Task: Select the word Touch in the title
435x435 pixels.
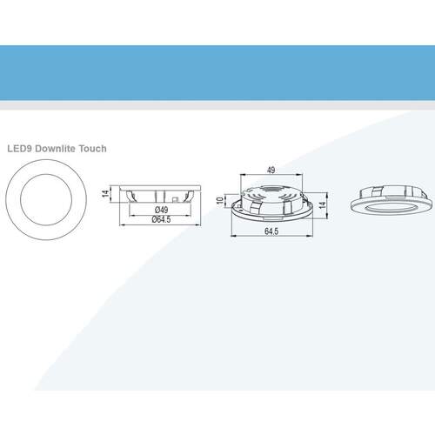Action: pos(93,149)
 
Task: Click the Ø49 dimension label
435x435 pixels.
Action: pos(161,210)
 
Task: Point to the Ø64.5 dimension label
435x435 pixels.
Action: pos(161,219)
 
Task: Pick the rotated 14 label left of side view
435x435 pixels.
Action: pos(106,193)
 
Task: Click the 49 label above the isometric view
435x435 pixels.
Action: pos(271,170)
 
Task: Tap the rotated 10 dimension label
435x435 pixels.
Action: pos(220,200)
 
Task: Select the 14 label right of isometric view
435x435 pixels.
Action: pos(322,205)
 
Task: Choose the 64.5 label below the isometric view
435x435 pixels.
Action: pos(271,231)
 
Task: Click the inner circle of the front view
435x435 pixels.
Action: pos(46,174)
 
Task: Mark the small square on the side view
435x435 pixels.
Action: pos(175,199)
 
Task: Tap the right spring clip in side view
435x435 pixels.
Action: pos(189,196)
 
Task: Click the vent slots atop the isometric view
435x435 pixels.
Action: pos(271,190)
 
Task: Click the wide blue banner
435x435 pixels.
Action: pos(217,73)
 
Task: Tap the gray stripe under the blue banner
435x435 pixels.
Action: pos(217,105)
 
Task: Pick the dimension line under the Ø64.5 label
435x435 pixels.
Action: pos(160,224)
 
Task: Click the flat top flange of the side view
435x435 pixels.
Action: pos(160,188)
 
